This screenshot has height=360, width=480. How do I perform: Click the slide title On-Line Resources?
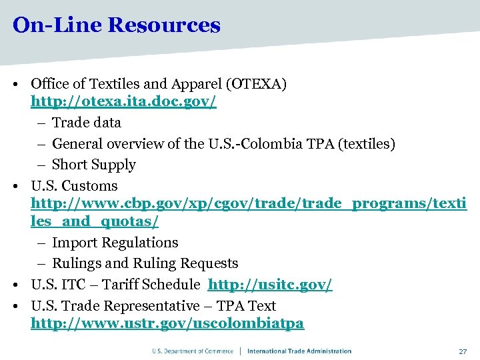tap(116, 25)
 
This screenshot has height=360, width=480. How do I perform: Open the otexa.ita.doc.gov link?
tap(123, 103)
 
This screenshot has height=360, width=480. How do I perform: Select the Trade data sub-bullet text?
tap(87, 123)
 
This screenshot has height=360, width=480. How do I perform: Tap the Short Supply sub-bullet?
tap(93, 165)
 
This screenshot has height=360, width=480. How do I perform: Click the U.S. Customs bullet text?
tap(74, 186)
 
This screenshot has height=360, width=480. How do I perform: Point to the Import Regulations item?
tap(115, 243)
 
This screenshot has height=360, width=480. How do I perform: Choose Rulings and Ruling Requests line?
tap(145, 263)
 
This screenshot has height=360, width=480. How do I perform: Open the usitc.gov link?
tap(270, 285)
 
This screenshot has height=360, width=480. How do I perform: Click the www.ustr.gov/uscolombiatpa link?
tap(167, 323)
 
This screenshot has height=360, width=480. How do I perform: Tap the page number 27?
tap(462, 351)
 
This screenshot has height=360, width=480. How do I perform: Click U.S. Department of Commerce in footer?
tap(193, 351)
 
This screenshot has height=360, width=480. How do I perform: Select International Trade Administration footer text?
tap(299, 351)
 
